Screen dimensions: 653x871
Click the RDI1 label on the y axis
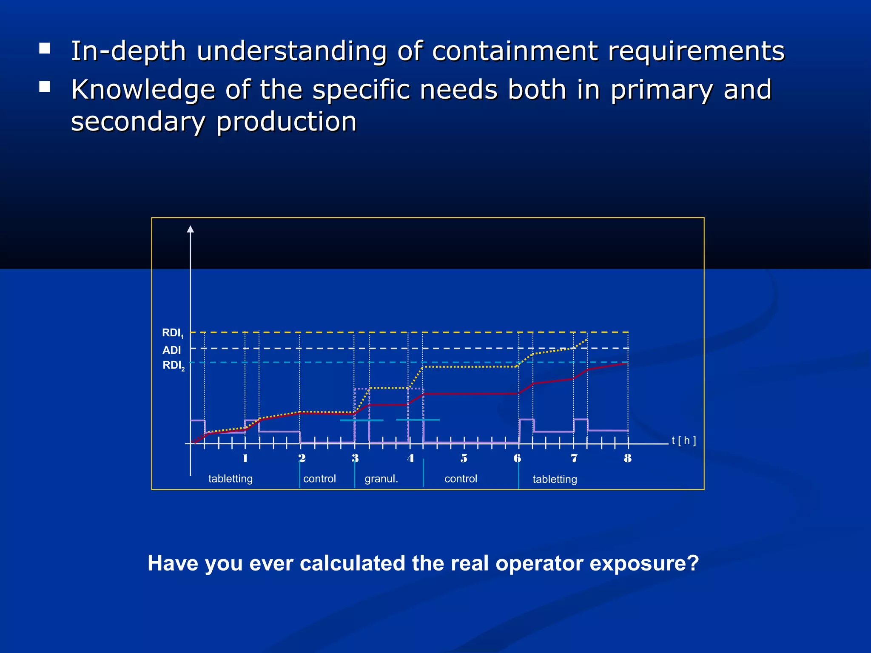coord(172,333)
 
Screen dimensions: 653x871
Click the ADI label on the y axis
coord(171,350)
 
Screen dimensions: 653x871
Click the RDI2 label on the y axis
coord(173,365)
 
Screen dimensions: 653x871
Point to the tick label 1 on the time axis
coord(245,458)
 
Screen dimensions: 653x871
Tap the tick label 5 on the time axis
coord(464,458)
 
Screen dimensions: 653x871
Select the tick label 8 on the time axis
coord(627,458)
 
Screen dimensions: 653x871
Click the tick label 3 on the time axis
coord(355,458)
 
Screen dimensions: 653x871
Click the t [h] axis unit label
coord(683,440)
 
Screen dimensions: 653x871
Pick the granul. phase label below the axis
coord(381,479)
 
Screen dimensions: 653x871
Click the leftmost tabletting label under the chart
coord(230,479)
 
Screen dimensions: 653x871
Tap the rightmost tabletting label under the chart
coord(555,479)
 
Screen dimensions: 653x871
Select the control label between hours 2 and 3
coord(319,479)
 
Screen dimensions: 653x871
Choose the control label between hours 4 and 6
coord(461,479)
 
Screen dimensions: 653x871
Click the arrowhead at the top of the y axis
coord(191,230)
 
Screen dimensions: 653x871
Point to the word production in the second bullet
coord(286,122)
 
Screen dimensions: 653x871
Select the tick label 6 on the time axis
coord(517,458)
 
